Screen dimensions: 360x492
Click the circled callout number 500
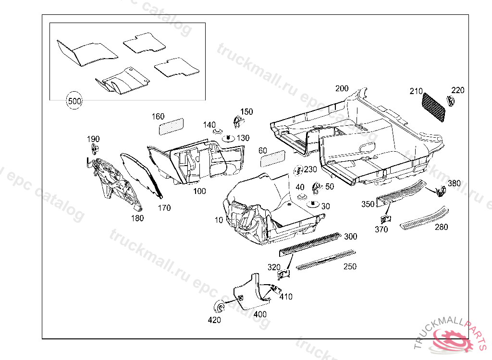pos(74,101)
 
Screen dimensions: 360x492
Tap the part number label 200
pos(342,88)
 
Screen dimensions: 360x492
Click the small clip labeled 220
pos(451,100)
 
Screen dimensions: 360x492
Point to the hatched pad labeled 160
pos(172,126)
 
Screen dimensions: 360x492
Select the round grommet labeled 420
pos(219,307)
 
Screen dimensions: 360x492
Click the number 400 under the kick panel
pos(260,315)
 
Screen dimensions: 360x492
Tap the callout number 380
pos(454,183)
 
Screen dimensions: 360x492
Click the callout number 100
pos(199,191)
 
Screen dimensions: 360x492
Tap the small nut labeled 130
pos(228,139)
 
